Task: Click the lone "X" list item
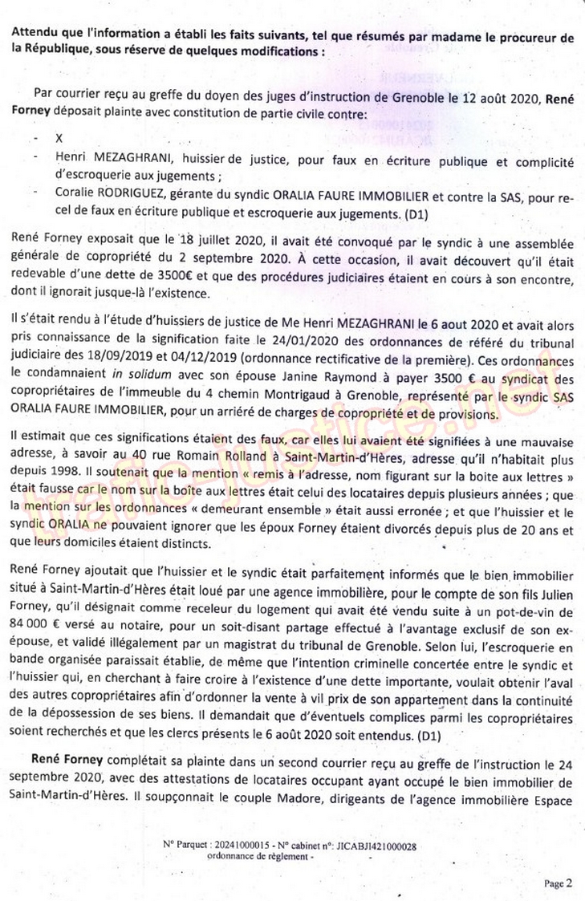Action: click(59, 137)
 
